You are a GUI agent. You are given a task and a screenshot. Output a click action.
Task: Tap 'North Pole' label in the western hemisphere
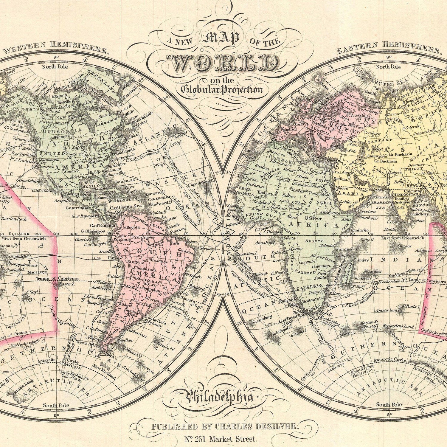55,66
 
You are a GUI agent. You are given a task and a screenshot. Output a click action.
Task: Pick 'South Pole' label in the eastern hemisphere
389,404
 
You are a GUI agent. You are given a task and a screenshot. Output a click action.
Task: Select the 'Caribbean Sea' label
125,207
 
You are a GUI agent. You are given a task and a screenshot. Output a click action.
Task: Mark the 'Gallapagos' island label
92,231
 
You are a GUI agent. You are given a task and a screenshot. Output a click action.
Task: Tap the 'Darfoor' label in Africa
313,218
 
